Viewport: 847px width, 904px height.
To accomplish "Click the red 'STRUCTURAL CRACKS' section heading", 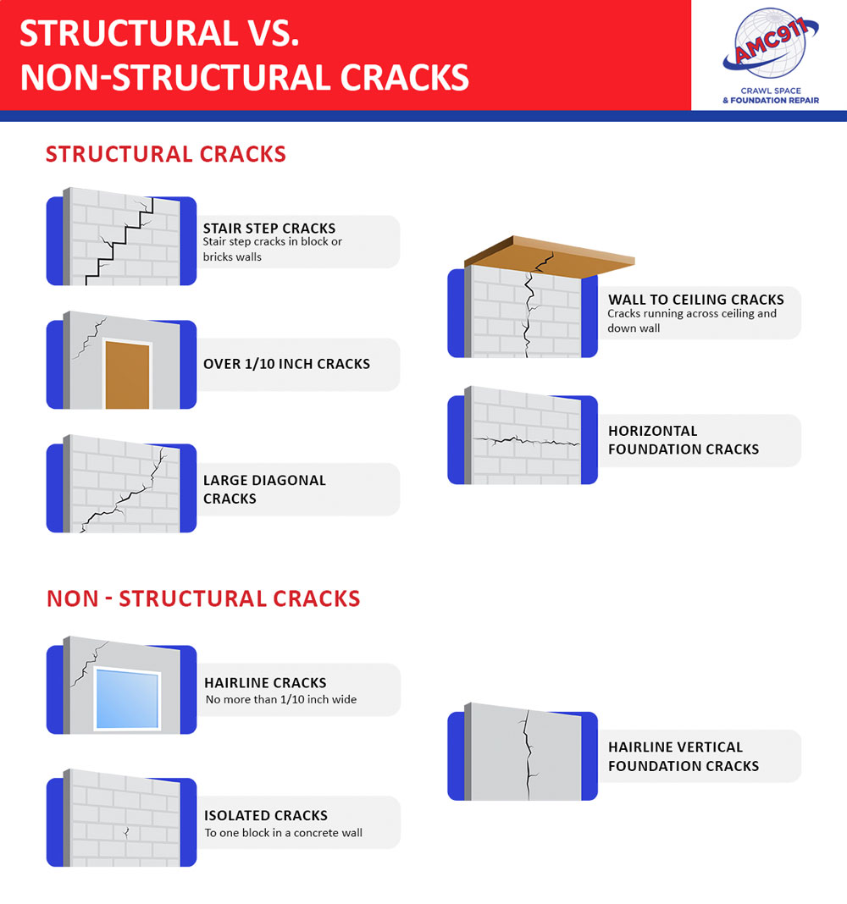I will click(x=166, y=154).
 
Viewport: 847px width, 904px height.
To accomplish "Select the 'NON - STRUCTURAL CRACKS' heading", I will click(x=203, y=598).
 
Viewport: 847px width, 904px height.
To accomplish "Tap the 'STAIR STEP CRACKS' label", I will click(x=269, y=229).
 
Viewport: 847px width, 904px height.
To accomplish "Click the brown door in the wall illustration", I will click(x=128, y=375).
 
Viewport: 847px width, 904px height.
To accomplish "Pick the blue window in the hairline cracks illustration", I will click(x=128, y=699).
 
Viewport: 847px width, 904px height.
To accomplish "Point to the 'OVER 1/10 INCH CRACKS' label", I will click(x=286, y=364).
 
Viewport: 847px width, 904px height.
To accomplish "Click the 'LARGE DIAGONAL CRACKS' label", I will click(x=264, y=489).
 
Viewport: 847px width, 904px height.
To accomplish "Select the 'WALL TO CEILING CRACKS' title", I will click(x=695, y=300).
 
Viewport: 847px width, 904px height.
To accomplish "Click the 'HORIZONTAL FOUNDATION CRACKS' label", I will click(x=684, y=440).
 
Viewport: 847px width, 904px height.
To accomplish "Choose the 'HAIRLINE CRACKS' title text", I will click(x=265, y=683).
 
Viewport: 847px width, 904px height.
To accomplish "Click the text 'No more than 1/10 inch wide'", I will click(x=281, y=700).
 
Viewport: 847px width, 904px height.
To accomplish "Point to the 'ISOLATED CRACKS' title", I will click(x=266, y=816).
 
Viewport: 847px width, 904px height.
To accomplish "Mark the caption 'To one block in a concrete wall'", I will click(x=283, y=833).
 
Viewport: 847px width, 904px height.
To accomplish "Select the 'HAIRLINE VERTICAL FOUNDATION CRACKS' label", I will click(x=684, y=757).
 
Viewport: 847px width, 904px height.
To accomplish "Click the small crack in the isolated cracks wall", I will click(x=126, y=831).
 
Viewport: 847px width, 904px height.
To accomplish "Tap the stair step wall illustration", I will click(x=123, y=237).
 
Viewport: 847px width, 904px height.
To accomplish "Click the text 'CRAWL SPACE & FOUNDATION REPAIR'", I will click(x=770, y=95).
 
